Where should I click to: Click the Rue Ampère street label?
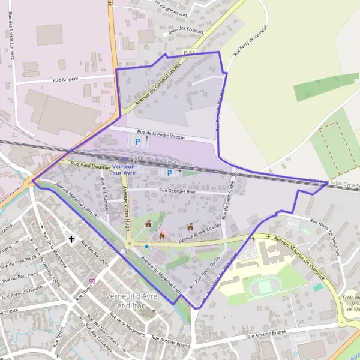point(66,79)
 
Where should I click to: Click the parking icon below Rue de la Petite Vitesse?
point(138,142)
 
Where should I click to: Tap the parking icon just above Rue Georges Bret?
point(170,173)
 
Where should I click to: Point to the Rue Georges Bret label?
point(177,191)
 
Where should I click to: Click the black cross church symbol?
point(71,239)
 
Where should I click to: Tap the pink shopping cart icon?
point(92,280)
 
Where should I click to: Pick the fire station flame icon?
point(161,236)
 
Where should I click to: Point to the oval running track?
point(265,287)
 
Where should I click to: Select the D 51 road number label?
point(190,53)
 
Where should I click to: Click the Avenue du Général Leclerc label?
point(158,85)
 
